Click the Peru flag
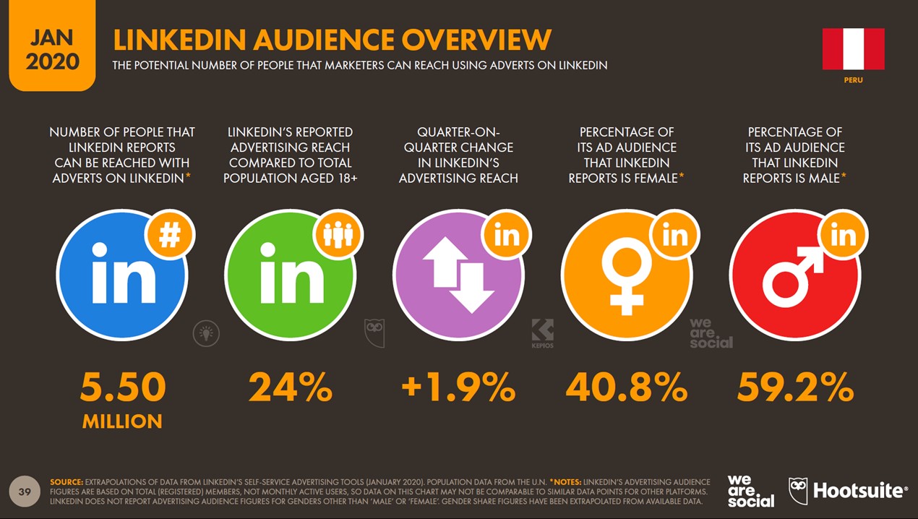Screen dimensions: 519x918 [853, 49]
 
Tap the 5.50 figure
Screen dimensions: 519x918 [123, 388]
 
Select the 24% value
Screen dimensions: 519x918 [291, 388]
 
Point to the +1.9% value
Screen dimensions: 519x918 [458, 388]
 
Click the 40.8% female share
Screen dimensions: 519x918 [627, 388]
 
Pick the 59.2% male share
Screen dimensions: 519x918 [795, 388]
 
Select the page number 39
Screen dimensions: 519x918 [25, 492]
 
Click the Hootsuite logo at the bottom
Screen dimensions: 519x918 [846, 491]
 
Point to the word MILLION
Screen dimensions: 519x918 [122, 421]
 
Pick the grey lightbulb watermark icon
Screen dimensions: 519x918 [206, 333]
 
